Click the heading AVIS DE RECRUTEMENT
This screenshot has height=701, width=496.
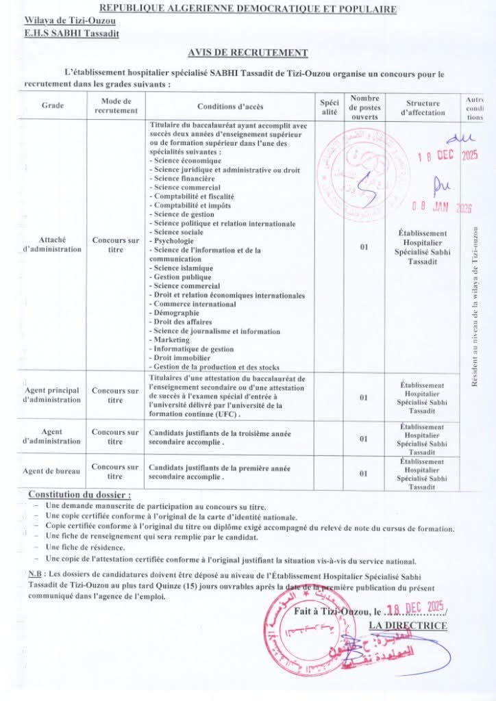[247, 53]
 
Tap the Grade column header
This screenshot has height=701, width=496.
[52, 107]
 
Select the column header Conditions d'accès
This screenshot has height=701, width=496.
[230, 107]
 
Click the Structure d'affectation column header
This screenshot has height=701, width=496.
[423, 107]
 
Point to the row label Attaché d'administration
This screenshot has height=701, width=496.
[52, 244]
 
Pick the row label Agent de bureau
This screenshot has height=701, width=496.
[51, 472]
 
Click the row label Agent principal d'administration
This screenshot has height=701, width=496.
[52, 395]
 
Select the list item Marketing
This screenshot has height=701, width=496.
[171, 340]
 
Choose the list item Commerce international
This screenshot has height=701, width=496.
[195, 304]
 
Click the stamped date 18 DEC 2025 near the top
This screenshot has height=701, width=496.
[447, 155]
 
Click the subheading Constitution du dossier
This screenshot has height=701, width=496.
[79, 494]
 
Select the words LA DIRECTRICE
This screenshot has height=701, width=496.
[408, 625]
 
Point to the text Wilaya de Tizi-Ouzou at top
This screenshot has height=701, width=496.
[70, 21]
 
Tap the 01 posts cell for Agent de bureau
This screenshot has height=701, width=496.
[364, 473]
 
